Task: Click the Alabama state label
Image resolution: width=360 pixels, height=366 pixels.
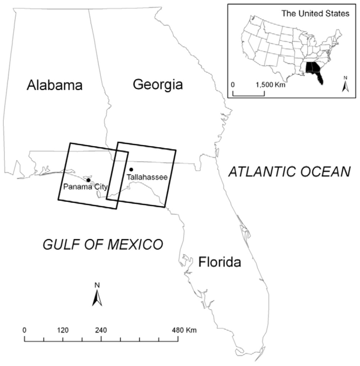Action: (55, 85)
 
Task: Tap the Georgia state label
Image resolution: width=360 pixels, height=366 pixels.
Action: (158, 84)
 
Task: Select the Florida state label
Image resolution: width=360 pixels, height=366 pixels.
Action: (220, 262)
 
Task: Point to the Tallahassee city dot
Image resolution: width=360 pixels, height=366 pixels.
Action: (131, 170)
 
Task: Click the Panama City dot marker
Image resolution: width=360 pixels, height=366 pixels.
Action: (88, 180)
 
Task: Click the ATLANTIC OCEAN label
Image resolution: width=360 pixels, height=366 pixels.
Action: (289, 172)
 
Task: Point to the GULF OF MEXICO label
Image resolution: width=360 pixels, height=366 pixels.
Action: (103, 244)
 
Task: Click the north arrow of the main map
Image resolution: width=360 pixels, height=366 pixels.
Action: (97, 298)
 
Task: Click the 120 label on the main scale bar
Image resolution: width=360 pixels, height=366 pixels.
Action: (63, 330)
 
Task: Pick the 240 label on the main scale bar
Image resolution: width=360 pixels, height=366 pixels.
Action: (101, 330)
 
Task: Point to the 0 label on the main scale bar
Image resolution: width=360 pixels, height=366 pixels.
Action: (24, 330)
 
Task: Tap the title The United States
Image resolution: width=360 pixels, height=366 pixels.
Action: (315, 14)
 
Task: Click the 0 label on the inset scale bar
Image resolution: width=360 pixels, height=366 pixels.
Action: (233, 85)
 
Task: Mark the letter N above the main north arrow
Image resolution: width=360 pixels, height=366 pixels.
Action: (97, 285)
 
